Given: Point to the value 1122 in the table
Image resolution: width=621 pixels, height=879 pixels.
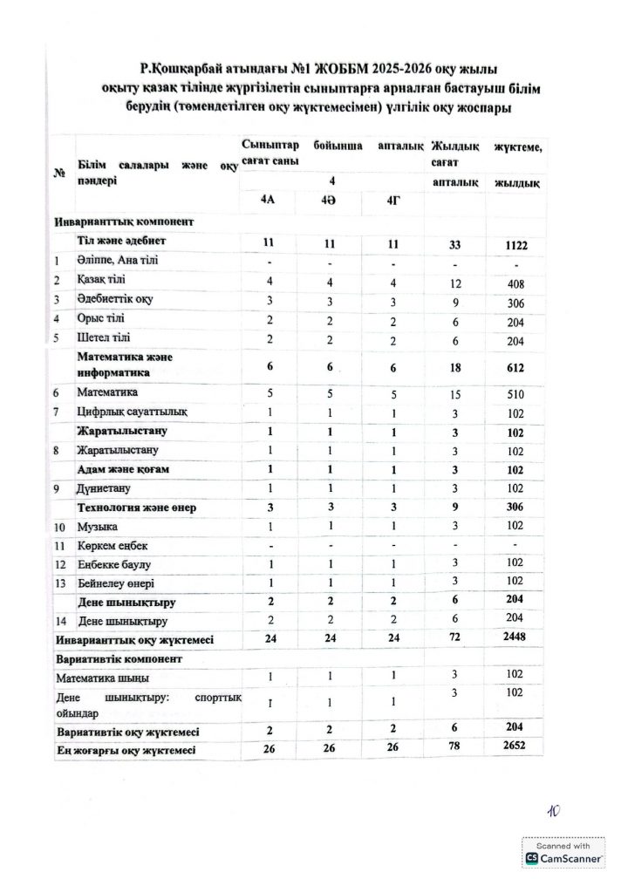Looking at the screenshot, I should click(x=515, y=245).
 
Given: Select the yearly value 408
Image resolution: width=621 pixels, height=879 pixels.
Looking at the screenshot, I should click(x=516, y=282).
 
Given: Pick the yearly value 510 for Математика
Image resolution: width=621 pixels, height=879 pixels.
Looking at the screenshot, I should click(x=516, y=393).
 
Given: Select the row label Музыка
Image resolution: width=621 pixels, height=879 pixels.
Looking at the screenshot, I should click(x=97, y=527).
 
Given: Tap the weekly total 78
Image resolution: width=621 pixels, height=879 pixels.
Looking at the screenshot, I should click(x=454, y=750).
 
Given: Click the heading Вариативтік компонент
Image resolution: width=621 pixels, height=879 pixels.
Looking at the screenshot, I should click(x=118, y=658).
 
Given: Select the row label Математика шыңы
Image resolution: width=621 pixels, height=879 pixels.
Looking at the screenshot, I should click(x=102, y=677).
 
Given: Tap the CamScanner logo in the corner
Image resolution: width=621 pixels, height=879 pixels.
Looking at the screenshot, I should click(x=531, y=859).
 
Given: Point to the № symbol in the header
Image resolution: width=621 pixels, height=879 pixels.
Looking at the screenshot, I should click(x=60, y=172).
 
